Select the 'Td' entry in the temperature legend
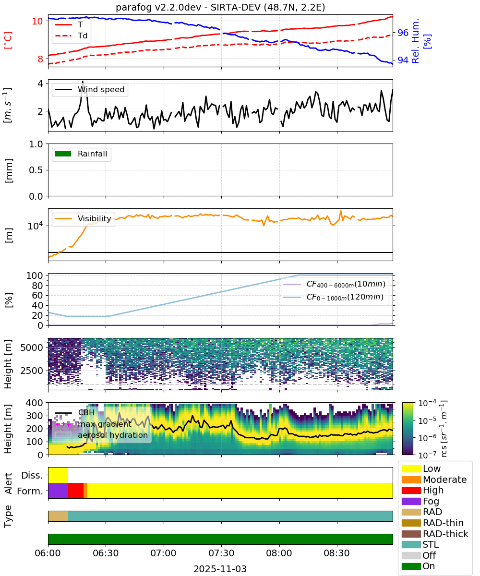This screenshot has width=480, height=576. coord(83,36)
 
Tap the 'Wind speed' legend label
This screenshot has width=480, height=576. coord(101,89)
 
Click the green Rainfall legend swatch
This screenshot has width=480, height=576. coord(63,154)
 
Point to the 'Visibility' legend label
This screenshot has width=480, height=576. coord(95,218)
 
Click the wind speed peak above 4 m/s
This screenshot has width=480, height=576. coord(83,82)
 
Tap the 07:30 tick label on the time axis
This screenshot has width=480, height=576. coord(221,553)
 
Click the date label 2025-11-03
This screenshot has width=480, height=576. coord(220,569)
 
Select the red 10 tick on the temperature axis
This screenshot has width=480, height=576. coord(37,21)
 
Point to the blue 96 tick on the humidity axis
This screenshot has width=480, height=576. coord(403,33)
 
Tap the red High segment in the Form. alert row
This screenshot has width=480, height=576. coord(76,491)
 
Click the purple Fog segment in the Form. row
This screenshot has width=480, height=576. coord(58,491)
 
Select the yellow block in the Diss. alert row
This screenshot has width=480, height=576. coord(58,475)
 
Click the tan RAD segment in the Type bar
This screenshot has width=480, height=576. coord(58,516)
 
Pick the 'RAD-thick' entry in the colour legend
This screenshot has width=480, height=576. coord(445,534)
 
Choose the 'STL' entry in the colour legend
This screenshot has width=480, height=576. coord(431,544)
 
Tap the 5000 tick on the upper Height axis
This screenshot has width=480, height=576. coord(32,348)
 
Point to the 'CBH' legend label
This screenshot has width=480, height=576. coord(86,413)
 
